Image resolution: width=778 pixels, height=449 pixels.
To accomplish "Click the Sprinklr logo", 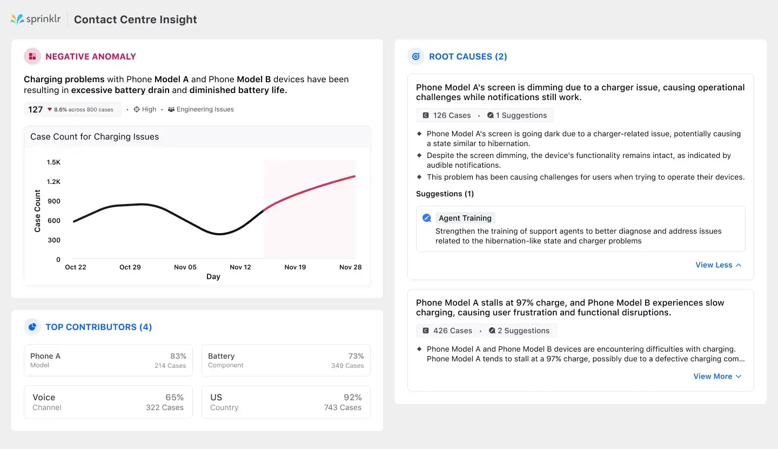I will click(x=36, y=19).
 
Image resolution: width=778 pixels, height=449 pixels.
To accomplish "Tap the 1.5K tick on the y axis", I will click(x=53, y=162).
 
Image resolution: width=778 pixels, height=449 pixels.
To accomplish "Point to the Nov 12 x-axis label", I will click(x=240, y=267).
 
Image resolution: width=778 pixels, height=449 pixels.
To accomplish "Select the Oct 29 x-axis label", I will click(x=130, y=267).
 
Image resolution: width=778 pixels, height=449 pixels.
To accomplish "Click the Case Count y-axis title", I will click(x=37, y=211).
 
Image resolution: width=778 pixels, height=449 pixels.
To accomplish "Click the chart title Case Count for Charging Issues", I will click(x=95, y=137).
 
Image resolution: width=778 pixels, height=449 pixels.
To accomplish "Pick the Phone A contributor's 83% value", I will click(x=178, y=356).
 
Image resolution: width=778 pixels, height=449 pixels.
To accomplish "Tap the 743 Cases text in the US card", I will click(x=343, y=407).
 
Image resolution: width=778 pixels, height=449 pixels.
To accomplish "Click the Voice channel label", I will click(x=44, y=397).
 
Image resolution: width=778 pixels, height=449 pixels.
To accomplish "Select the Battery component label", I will click(x=222, y=356).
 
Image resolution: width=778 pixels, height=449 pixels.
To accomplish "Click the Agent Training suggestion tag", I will click(x=465, y=218).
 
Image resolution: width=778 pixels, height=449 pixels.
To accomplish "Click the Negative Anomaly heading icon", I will click(x=32, y=56).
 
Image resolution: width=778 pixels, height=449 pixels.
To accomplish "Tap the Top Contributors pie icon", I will click(x=32, y=327).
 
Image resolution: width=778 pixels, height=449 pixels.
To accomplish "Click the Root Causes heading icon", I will click(x=416, y=56).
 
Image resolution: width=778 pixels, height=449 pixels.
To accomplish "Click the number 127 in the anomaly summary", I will click(x=36, y=109).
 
